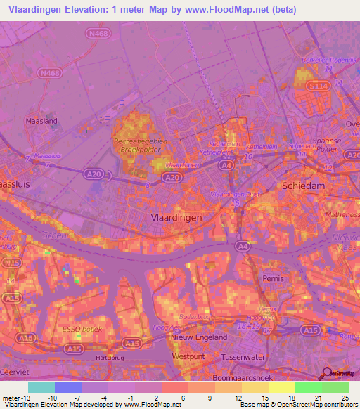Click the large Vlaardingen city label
[176, 218]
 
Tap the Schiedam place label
[304, 186]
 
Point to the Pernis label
[272, 279]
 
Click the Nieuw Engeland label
[200, 337]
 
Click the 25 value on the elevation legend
[344, 398]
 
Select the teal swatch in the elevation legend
[41, 387]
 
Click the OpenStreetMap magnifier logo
[327, 374]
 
